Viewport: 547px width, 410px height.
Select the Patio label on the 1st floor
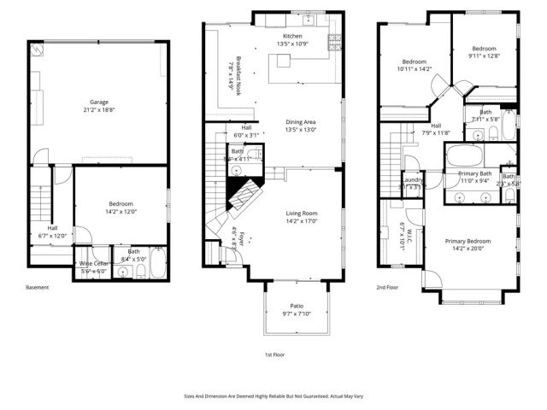tap(297, 306)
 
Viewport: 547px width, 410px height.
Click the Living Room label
tap(302, 214)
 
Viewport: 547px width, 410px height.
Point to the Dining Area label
tap(301, 121)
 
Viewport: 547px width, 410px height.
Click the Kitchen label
tap(293, 36)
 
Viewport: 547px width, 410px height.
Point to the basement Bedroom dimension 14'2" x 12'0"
tap(121, 212)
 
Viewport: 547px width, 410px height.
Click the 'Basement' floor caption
tap(38, 287)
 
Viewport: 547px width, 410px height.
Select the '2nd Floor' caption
tap(388, 287)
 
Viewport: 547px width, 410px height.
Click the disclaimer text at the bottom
tap(273, 396)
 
